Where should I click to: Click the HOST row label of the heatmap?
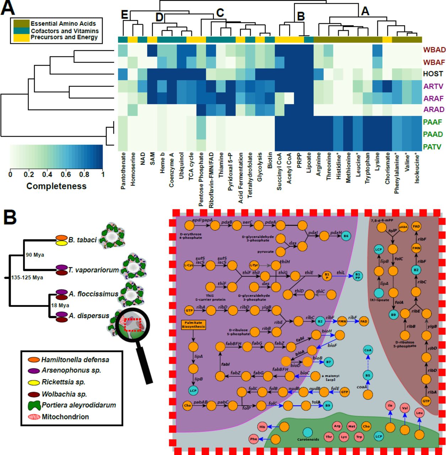pyautogui.click(x=432, y=74)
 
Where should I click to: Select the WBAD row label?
pyautogui.click(x=434, y=50)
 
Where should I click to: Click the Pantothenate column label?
pyautogui.click(x=123, y=171)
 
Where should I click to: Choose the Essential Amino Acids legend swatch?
pyautogui.click(x=21, y=23)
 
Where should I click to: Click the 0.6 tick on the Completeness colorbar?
pyautogui.click(x=66, y=175)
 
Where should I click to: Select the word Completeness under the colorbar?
pyautogui.click(x=56, y=186)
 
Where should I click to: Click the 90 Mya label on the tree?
pyautogui.click(x=35, y=255)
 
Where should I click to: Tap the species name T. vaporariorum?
pyautogui.click(x=93, y=270)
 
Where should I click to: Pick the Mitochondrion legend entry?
pyautogui.click(x=65, y=417)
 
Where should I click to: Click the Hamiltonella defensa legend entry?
pyautogui.click(x=75, y=360)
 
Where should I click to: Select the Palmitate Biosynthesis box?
pyautogui.click(x=193, y=324)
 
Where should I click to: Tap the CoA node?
pyautogui.click(x=368, y=350)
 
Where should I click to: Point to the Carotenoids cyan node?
pyautogui.click(x=308, y=432)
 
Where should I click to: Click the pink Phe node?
pyautogui.click(x=253, y=439)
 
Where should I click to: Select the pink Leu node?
pyautogui.click(x=419, y=413)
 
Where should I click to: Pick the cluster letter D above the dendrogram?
pyautogui.click(x=159, y=17)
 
